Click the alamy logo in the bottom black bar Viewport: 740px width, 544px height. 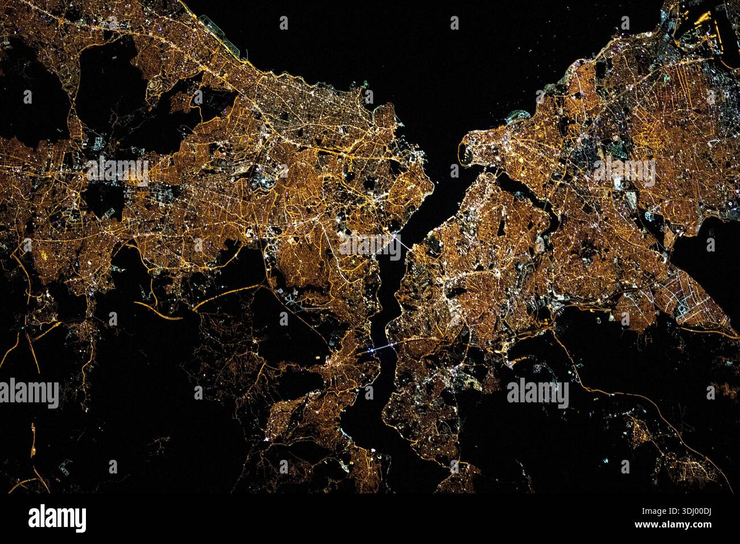pyautogui.click(x=57, y=518)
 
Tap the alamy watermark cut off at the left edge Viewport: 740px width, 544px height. pyautogui.click(x=28, y=393)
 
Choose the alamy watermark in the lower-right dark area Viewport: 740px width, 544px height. pyautogui.click(x=537, y=393)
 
